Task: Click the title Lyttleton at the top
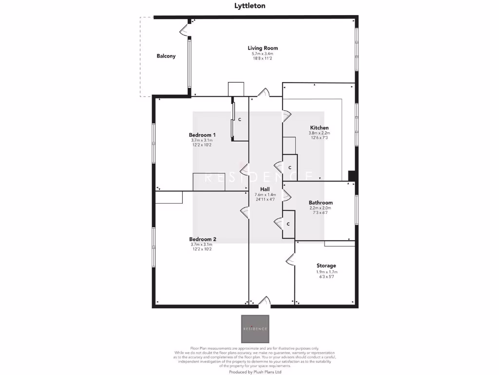click(x=249, y=6)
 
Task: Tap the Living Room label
click(x=263, y=48)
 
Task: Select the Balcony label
click(x=166, y=56)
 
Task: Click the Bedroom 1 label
click(x=202, y=135)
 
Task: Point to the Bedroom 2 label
click(x=202, y=239)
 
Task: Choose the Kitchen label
click(x=319, y=127)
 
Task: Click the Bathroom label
click(x=321, y=203)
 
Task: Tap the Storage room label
click(x=326, y=266)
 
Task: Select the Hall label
click(x=266, y=188)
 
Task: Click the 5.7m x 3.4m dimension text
click(x=263, y=54)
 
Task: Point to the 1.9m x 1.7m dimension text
click(x=326, y=272)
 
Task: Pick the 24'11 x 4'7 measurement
click(x=266, y=199)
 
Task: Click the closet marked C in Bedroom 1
click(x=239, y=119)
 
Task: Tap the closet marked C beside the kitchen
click(x=290, y=167)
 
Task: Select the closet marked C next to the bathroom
click(x=288, y=224)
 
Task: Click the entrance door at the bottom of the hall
click(x=264, y=303)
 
